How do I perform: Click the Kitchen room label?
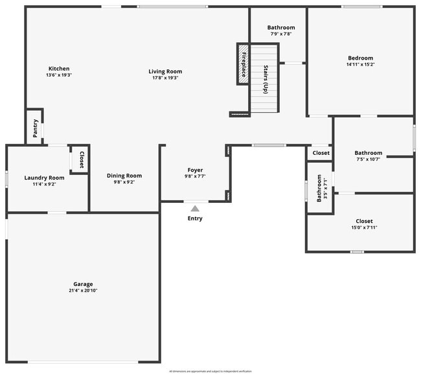58,69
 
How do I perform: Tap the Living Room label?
165,71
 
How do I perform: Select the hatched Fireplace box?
243,62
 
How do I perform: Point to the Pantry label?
36,128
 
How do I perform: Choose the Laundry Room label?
45,178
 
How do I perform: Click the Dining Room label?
124,176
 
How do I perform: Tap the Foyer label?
195,170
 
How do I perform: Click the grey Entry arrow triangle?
195,208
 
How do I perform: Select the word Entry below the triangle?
195,218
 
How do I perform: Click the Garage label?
83,284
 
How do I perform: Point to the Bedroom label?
360,58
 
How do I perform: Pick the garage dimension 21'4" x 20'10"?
83,290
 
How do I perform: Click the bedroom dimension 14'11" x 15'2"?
360,64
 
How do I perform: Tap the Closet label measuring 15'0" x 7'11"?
364,221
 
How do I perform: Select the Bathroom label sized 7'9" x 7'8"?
281,27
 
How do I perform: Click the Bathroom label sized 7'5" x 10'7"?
369,153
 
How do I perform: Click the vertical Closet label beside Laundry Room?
82,159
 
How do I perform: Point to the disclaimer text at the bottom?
210,371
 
